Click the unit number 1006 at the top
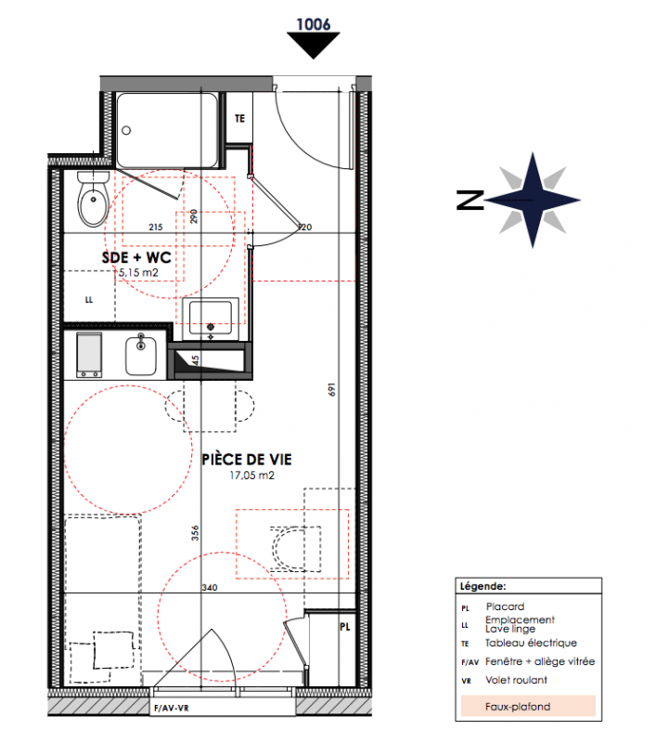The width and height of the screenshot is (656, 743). coord(314,24)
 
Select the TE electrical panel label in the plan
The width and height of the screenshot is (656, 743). coord(240,119)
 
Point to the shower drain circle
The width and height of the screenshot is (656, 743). coord(126,130)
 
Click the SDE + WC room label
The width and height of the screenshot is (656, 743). coord(136,257)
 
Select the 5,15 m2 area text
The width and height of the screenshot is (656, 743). coord(138,272)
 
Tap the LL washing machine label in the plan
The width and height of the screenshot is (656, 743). coord(89,299)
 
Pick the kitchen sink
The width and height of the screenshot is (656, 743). coord(141,355)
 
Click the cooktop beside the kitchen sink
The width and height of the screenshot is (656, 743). coord(89,355)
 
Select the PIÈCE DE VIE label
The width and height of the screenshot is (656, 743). coord(247,459)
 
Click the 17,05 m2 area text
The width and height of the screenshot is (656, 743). coord(251,475)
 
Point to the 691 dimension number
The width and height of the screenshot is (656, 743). coord(332,389)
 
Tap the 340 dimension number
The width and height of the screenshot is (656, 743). coord(210,588)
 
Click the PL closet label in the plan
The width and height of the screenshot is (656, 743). coord(345,627)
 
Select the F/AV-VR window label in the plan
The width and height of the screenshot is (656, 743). coord(172,709)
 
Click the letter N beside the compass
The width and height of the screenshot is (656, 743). coord(470,200)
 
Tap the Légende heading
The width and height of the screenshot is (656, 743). coord(482,586)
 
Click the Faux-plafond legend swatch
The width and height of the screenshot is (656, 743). coord(528,706)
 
